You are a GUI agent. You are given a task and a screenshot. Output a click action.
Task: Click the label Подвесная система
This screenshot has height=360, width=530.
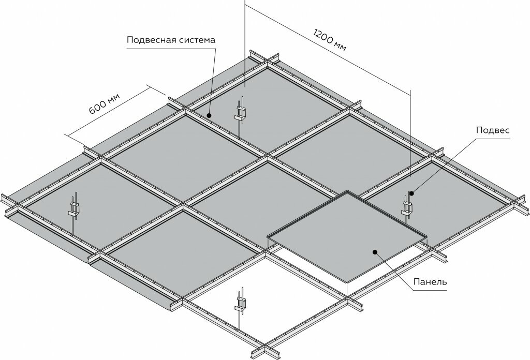tap(170, 40)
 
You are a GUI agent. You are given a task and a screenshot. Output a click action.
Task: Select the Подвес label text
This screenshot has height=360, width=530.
tap(493, 131)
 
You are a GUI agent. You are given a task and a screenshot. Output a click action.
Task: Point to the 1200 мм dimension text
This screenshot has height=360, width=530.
tap(330, 38)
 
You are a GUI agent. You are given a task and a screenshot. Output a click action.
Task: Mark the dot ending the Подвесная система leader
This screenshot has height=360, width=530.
tap(209, 114)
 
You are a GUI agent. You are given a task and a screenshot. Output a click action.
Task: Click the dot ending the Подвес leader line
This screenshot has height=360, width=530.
tap(411, 193)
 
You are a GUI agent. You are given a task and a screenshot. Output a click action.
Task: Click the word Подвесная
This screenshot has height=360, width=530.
tap(151, 40)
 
